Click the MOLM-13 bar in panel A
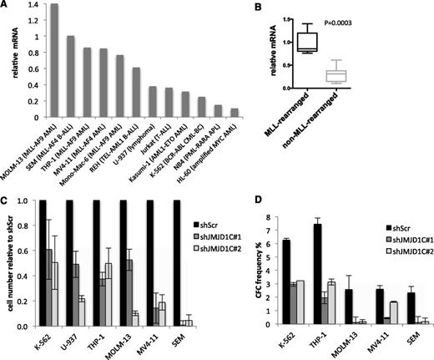(54, 51)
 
